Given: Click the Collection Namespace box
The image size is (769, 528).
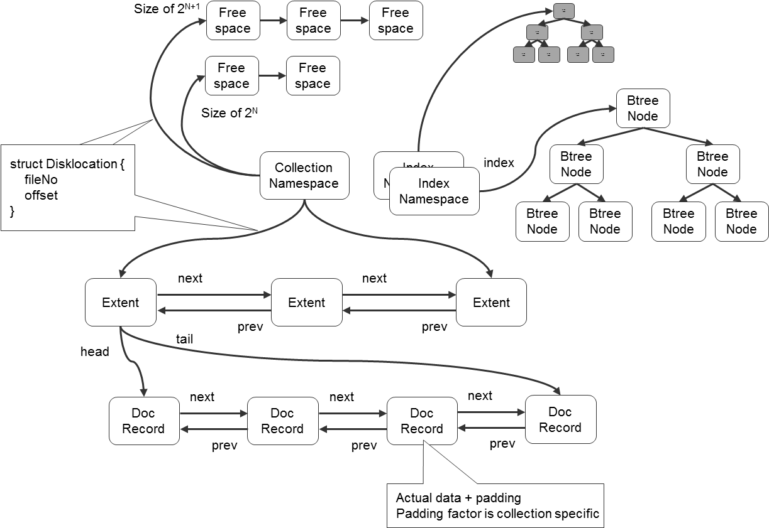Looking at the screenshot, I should click(304, 176).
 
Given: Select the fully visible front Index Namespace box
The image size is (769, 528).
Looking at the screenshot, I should click(434, 191).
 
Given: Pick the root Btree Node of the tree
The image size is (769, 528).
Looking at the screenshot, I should click(643, 109).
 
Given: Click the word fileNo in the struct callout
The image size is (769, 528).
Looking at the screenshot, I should click(41, 180).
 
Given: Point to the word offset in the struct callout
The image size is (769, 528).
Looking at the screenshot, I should click(41, 195).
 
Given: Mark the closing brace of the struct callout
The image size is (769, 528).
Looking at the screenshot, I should click(12, 211).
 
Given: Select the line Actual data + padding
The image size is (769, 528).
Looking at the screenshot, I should click(458, 498).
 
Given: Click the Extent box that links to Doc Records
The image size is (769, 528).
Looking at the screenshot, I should click(120, 303).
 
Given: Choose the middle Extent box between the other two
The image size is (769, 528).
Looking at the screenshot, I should click(306, 303).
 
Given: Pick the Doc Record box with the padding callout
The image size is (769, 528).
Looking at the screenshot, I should click(421, 421).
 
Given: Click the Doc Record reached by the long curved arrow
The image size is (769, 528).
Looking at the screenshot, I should click(560, 419).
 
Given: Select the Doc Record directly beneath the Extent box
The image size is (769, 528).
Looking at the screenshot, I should click(143, 421).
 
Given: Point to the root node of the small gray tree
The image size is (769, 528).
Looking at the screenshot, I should click(564, 11).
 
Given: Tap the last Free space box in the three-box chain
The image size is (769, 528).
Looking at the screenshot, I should click(396, 21).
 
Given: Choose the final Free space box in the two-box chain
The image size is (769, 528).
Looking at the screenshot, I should click(313, 76).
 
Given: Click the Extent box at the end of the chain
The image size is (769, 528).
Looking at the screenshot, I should click(491, 303).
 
